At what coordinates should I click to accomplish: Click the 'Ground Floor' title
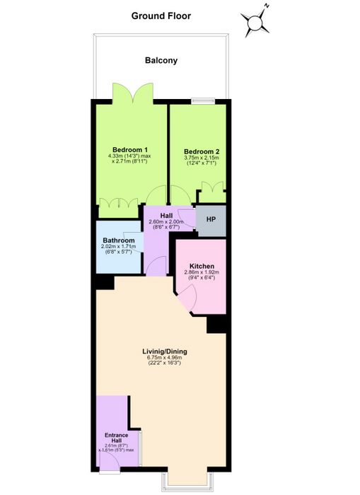click(x=161, y=16)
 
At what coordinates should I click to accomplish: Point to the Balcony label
click(x=161, y=60)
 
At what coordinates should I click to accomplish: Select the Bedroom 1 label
click(x=130, y=150)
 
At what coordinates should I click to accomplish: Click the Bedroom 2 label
click(x=202, y=151)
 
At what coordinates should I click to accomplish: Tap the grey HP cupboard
click(x=211, y=221)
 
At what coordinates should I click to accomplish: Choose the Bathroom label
click(x=119, y=240)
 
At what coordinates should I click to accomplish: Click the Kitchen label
click(x=202, y=266)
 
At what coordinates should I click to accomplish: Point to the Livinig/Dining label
click(x=165, y=351)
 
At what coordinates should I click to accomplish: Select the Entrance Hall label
click(x=117, y=438)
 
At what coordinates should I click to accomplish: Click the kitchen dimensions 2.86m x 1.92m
click(x=202, y=272)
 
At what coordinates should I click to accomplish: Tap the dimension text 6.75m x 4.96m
click(x=165, y=358)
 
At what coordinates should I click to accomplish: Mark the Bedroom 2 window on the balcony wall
click(x=203, y=101)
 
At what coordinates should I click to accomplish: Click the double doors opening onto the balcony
click(x=133, y=93)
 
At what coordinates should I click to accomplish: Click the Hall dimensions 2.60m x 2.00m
click(x=166, y=224)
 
